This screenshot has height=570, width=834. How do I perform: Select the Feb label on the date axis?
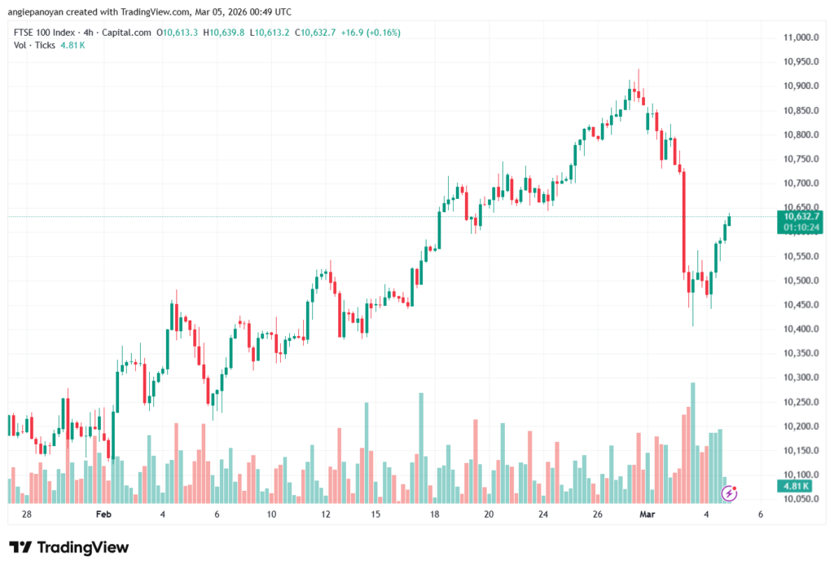(103, 515)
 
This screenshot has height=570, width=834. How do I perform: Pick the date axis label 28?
(27, 515)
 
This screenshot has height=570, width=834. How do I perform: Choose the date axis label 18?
(435, 515)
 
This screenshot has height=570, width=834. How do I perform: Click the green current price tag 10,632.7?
(799, 217)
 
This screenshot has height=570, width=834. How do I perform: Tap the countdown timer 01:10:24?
(799, 228)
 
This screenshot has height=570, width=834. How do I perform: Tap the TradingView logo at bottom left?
(68, 547)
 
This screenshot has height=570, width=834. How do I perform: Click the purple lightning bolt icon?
(731, 493)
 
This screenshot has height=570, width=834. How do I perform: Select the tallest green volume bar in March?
(693, 440)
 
